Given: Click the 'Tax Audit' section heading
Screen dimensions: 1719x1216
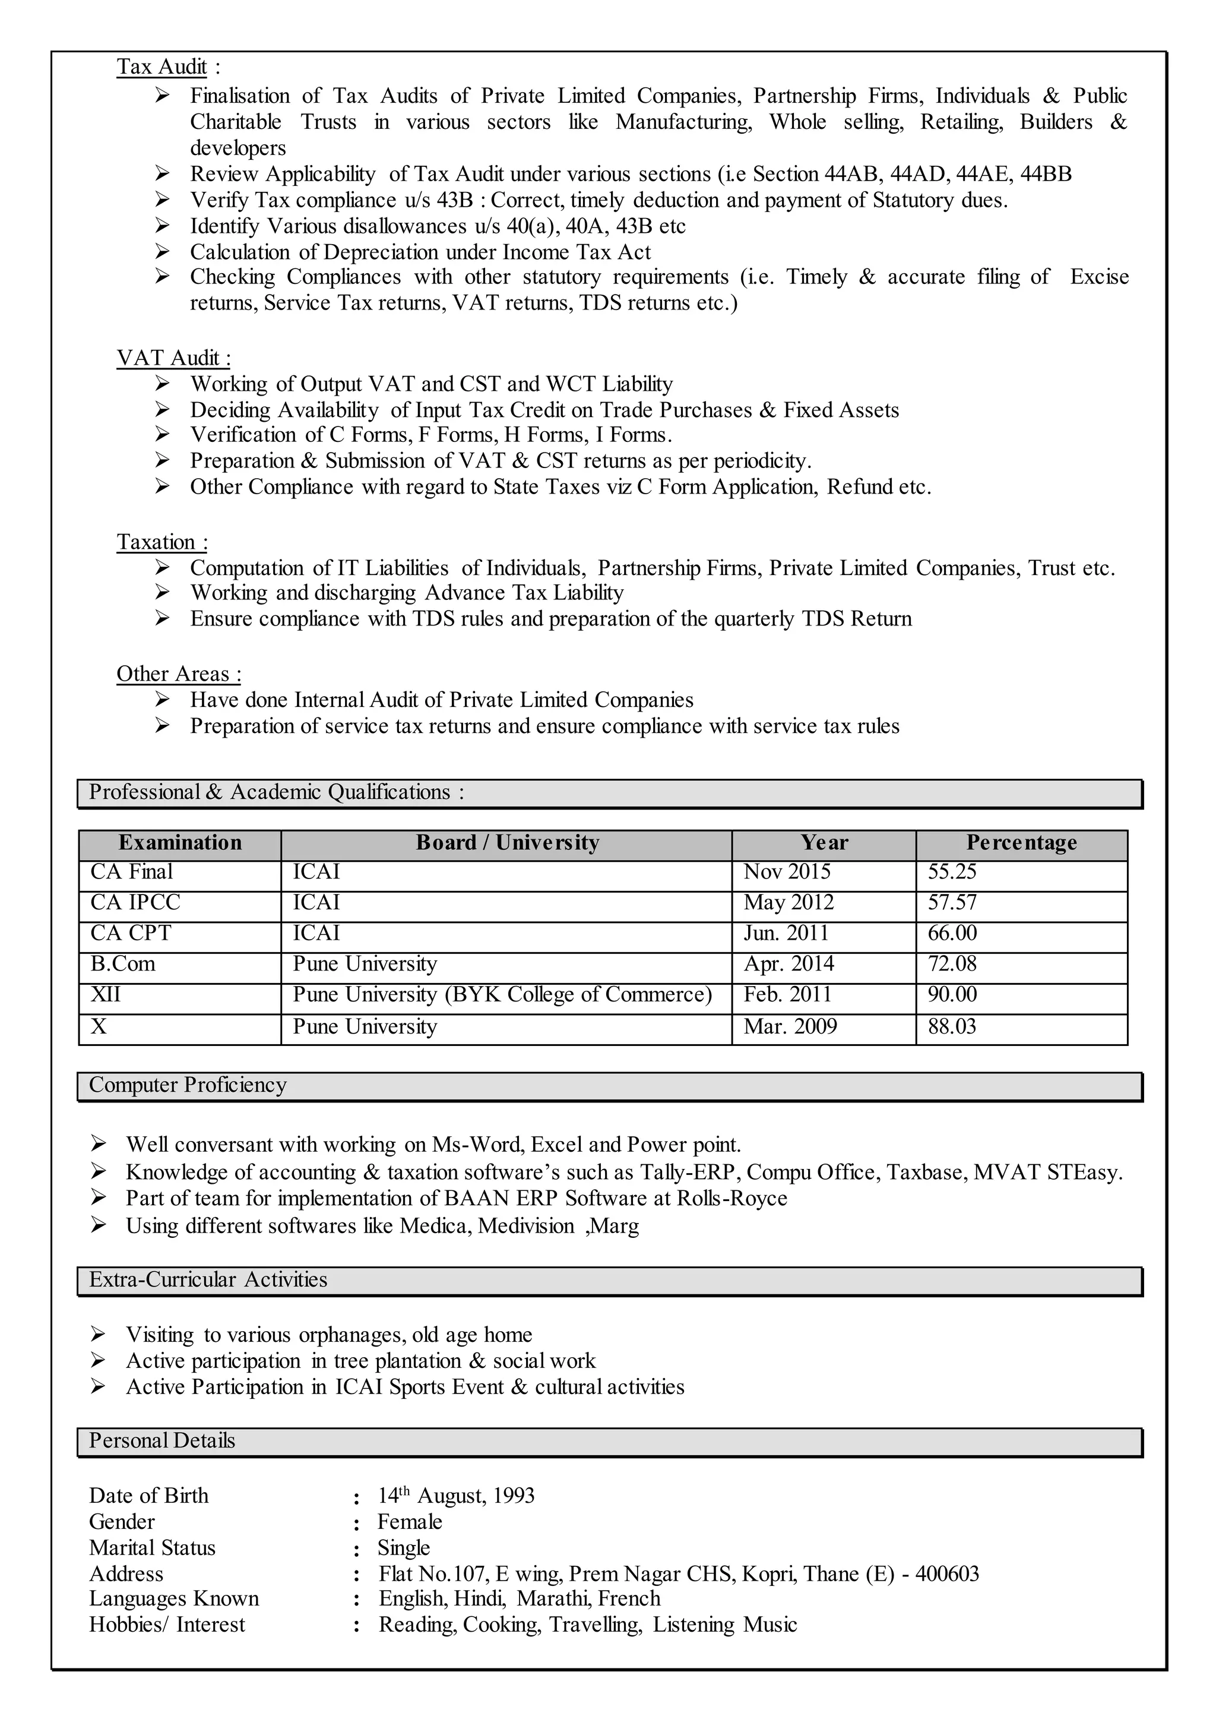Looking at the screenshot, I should pos(161,67).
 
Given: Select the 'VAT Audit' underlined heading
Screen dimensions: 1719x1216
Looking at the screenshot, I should pos(173,358).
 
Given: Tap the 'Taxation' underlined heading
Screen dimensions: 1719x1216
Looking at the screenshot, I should pos(161,542).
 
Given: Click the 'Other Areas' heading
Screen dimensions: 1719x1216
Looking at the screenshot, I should pos(178,674).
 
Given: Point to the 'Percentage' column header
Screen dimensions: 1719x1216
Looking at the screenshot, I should pos(1021,843).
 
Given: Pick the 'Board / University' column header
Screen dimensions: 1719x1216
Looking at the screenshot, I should pos(507,843).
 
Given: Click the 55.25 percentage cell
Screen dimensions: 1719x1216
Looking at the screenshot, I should pos(952,872).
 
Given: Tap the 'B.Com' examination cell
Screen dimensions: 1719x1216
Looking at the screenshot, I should pos(123,963).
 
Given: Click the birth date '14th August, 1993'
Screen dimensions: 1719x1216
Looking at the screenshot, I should pos(456,1496).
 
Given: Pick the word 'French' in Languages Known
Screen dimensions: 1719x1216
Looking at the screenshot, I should pos(629,1598).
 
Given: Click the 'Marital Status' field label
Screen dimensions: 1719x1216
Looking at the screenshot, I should pos(152,1547).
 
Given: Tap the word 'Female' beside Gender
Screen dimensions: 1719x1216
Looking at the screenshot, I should pos(410,1521).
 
